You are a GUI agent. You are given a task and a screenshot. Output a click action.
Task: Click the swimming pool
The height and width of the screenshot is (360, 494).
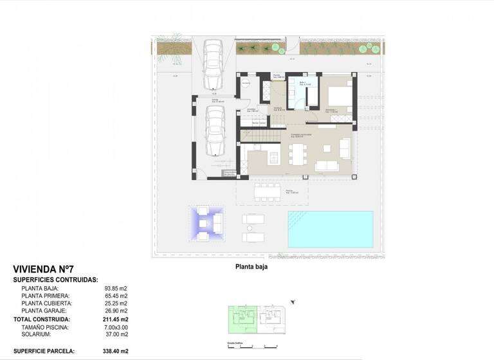click(330, 229)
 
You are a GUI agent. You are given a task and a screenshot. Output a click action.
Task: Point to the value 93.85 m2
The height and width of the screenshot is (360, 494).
click(116, 289)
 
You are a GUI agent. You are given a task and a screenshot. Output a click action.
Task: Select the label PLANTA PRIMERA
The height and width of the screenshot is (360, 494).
click(47, 296)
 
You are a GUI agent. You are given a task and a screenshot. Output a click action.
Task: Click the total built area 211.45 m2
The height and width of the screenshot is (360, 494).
click(116, 319)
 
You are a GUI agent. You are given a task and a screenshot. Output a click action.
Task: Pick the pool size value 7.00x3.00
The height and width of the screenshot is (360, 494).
click(116, 327)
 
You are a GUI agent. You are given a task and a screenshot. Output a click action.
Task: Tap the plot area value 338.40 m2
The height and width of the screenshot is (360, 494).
click(115, 351)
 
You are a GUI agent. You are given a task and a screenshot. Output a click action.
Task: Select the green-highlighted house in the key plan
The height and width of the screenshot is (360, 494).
click(243, 319)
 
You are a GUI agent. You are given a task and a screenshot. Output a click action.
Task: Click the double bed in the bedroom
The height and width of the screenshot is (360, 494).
click(340, 98)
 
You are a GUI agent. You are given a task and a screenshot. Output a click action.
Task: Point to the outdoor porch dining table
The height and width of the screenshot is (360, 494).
click(266, 191)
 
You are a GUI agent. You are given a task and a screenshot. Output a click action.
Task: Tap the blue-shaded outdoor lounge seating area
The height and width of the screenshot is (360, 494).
click(206, 222)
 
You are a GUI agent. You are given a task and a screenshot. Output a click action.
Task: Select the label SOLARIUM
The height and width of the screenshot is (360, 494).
click(37, 334)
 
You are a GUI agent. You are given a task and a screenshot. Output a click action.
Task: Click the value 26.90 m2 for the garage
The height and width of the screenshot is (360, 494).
click(116, 310)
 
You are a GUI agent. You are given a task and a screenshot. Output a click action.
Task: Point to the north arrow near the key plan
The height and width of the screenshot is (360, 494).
click(294, 301)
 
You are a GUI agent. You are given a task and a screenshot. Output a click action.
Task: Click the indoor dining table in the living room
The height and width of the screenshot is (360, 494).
click(297, 153)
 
